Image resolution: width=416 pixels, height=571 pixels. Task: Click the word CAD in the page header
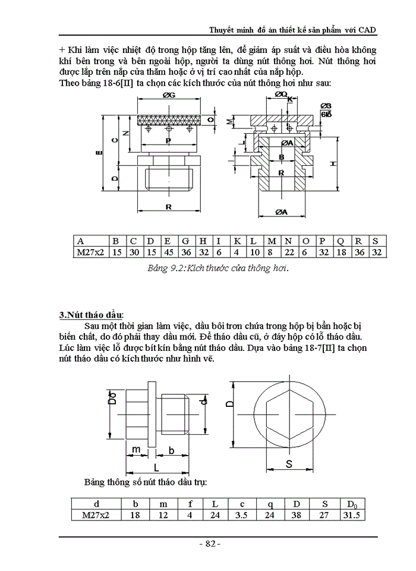pyautogui.click(x=367, y=30)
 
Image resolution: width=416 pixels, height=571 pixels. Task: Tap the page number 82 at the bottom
pyautogui.click(x=209, y=545)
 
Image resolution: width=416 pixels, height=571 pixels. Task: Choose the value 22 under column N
pyautogui.click(x=289, y=252)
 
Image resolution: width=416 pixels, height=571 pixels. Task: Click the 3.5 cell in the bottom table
pyautogui.click(x=240, y=514)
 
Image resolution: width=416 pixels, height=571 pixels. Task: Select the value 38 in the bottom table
pyautogui.click(x=296, y=514)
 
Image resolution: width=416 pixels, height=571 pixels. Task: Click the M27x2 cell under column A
pyautogui.click(x=89, y=252)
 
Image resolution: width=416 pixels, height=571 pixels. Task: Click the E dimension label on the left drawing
pyautogui.click(x=99, y=153)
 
